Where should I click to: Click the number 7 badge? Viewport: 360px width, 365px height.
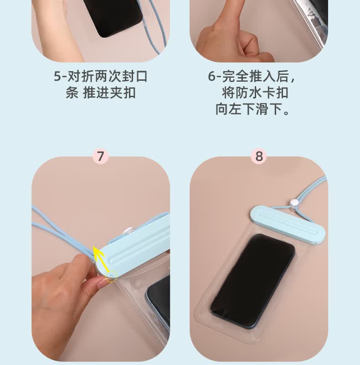click(x=100, y=156)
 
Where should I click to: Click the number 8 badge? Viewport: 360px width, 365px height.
click(x=259, y=156)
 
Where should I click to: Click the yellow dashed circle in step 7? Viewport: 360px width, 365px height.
click(x=111, y=277)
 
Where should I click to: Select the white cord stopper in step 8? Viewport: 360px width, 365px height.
click(x=294, y=203)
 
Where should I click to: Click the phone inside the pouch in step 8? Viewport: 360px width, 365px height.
click(x=253, y=281)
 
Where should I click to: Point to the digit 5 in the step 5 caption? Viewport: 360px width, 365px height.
click(x=57, y=76)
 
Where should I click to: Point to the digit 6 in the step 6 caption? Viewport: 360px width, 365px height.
click(x=211, y=76)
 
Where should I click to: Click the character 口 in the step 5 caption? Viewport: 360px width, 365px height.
click(x=142, y=76)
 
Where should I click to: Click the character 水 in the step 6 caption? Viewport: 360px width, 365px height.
click(x=255, y=93)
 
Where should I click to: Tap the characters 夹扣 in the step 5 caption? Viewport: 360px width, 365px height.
click(x=123, y=93)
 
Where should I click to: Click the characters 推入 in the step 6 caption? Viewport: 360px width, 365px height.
click(x=262, y=76)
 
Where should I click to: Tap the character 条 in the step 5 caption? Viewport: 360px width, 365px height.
click(x=72, y=93)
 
